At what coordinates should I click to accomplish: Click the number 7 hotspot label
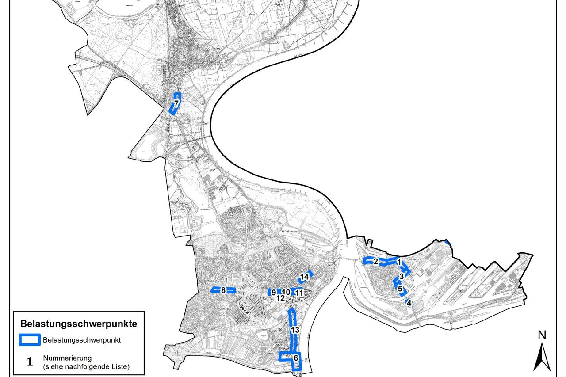pos(176,103)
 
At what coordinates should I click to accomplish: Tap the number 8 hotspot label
pos(223,290)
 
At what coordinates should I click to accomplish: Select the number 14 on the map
pos(304,277)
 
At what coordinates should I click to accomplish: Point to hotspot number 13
pos(295,330)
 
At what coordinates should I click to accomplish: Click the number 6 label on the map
pos(296,358)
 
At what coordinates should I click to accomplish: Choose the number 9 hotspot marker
pos(274,292)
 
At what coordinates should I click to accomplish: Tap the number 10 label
pos(286,292)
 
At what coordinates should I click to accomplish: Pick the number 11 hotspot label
pos(299,292)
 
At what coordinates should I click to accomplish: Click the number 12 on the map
pos(280,299)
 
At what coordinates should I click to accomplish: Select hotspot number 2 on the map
pos(375,261)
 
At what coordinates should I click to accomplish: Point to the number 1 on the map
pos(399,262)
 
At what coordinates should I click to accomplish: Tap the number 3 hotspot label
pos(401,276)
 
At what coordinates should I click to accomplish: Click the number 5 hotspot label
pos(400,289)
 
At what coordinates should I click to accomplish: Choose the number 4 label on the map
pos(409,303)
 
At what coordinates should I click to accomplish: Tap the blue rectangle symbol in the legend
pos(30,340)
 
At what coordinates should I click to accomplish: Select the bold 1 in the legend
pos(30,362)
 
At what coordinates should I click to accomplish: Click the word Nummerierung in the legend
pos(65,358)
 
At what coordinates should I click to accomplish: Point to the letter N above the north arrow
pos(541,335)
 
